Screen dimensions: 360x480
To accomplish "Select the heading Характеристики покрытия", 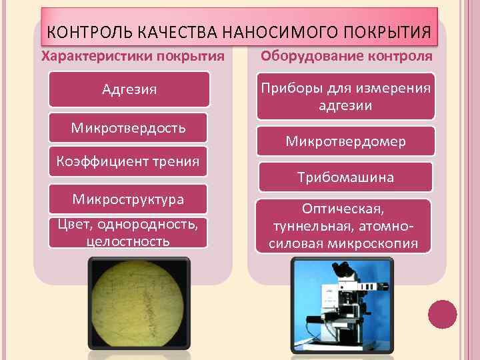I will (133, 56).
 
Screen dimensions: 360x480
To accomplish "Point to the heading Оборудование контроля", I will (346, 56).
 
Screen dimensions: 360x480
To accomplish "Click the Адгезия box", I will (130, 89).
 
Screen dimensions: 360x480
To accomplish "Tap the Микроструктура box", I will (129, 199).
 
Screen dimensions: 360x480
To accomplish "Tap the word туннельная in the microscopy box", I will (309, 226).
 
